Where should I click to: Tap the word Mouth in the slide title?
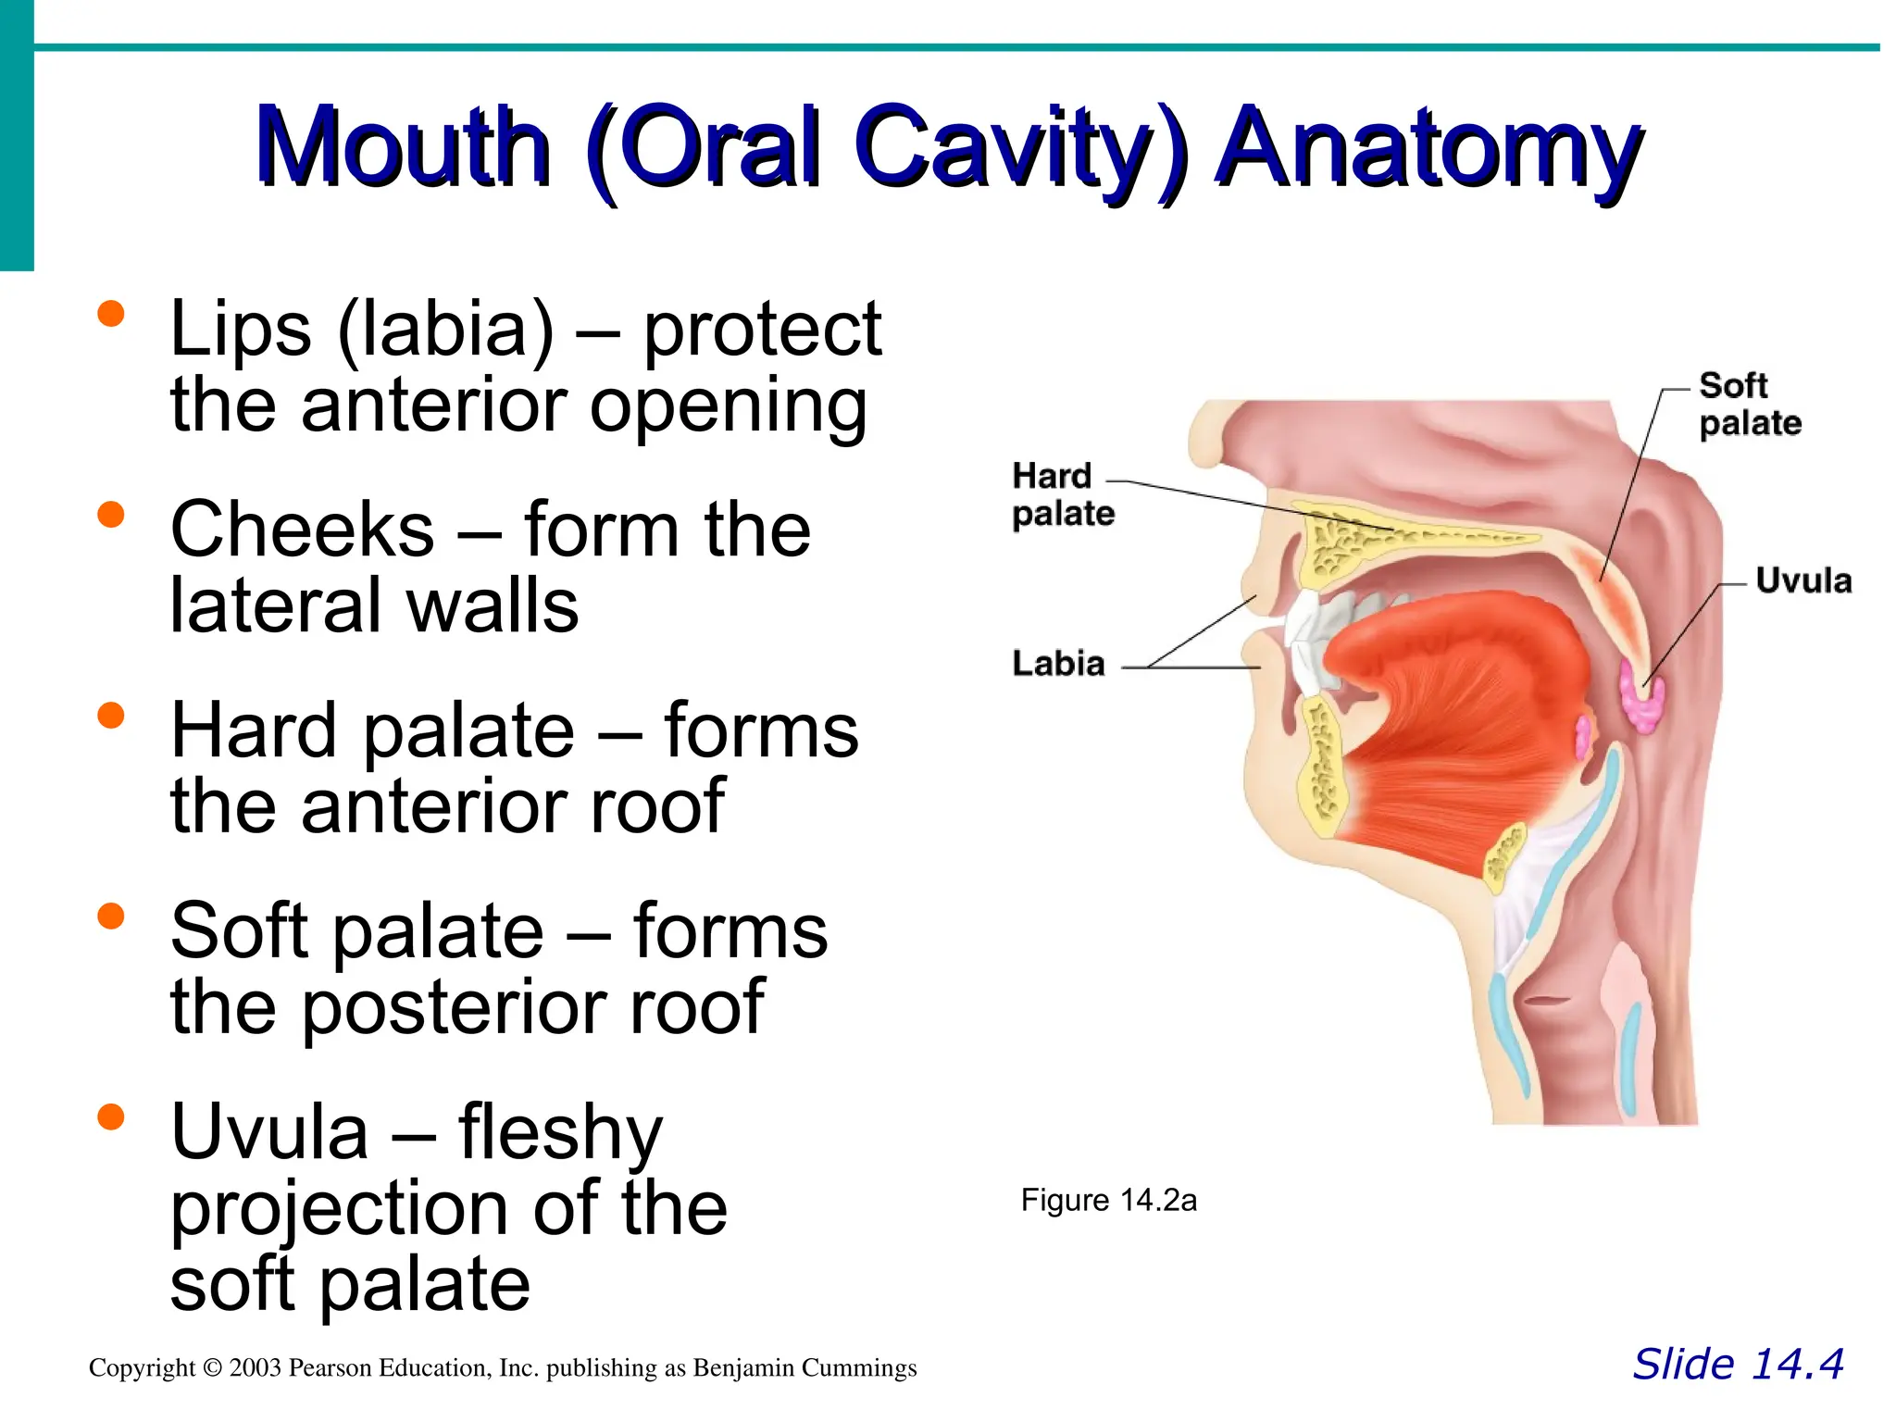[404, 148]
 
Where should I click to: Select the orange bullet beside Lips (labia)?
[111, 314]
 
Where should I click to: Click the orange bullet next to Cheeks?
[111, 515]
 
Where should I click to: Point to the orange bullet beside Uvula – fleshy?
[111, 1116]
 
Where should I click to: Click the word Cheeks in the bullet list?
[302, 530]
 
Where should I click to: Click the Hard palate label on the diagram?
[1063, 495]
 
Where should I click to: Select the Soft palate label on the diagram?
[1749, 405]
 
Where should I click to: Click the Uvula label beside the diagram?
[1803, 581]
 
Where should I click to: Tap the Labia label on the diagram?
[1059, 664]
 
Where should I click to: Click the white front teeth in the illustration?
[1307, 639]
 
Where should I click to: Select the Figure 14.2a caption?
[1108, 1201]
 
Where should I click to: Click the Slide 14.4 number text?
[1738, 1365]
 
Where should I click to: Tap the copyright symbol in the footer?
[212, 1368]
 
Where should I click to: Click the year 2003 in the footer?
[255, 1368]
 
